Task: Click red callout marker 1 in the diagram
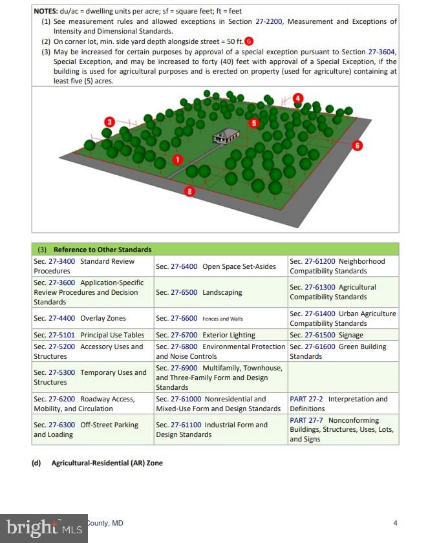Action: [x=178, y=158]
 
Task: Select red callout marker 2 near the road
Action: [x=189, y=191]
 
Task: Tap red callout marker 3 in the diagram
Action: [x=110, y=122]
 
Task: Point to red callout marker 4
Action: [x=297, y=98]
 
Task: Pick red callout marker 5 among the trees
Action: [x=254, y=122]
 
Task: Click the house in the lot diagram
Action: [x=226, y=136]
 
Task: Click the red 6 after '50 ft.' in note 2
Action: [x=248, y=41]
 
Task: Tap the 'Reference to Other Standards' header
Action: [x=102, y=250]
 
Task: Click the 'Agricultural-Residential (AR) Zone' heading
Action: [x=107, y=463]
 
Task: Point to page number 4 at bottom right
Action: [x=396, y=523]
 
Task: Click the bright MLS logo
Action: [x=43, y=528]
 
